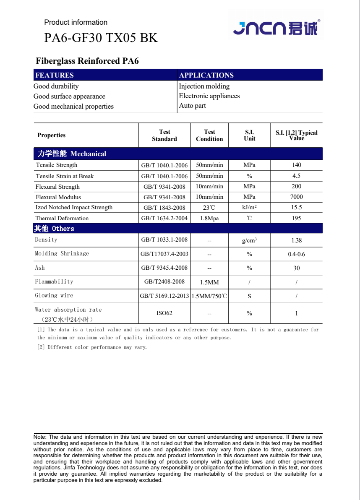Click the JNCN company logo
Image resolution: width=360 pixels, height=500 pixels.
(276, 28)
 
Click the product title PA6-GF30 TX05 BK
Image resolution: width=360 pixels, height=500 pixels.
(101, 38)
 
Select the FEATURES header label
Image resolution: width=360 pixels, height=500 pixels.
(55, 76)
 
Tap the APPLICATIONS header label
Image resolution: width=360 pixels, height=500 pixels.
(206, 76)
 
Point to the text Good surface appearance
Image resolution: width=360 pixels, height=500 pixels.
(69, 96)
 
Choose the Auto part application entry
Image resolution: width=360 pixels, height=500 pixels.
(192, 106)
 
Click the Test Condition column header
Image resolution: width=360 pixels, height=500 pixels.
(209, 135)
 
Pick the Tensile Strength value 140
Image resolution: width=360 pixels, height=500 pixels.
(297, 165)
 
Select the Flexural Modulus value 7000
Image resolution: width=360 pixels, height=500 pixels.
(297, 197)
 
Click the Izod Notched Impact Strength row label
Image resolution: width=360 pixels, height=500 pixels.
(74, 208)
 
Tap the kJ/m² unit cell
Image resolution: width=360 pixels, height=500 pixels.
(249, 208)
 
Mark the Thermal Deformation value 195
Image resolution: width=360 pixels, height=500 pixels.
(297, 218)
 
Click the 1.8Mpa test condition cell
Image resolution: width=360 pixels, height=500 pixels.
(209, 218)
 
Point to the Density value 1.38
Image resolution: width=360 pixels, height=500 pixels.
(297, 240)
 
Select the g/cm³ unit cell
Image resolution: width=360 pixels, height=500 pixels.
(249, 240)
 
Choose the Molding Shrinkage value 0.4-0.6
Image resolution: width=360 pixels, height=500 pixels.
(297, 254)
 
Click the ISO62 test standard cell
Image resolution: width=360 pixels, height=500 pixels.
(164, 313)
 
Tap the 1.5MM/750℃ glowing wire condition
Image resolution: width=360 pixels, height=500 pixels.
(209, 296)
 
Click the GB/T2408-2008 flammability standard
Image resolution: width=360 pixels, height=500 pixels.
(164, 282)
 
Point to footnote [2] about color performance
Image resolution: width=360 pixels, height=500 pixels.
(92, 347)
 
